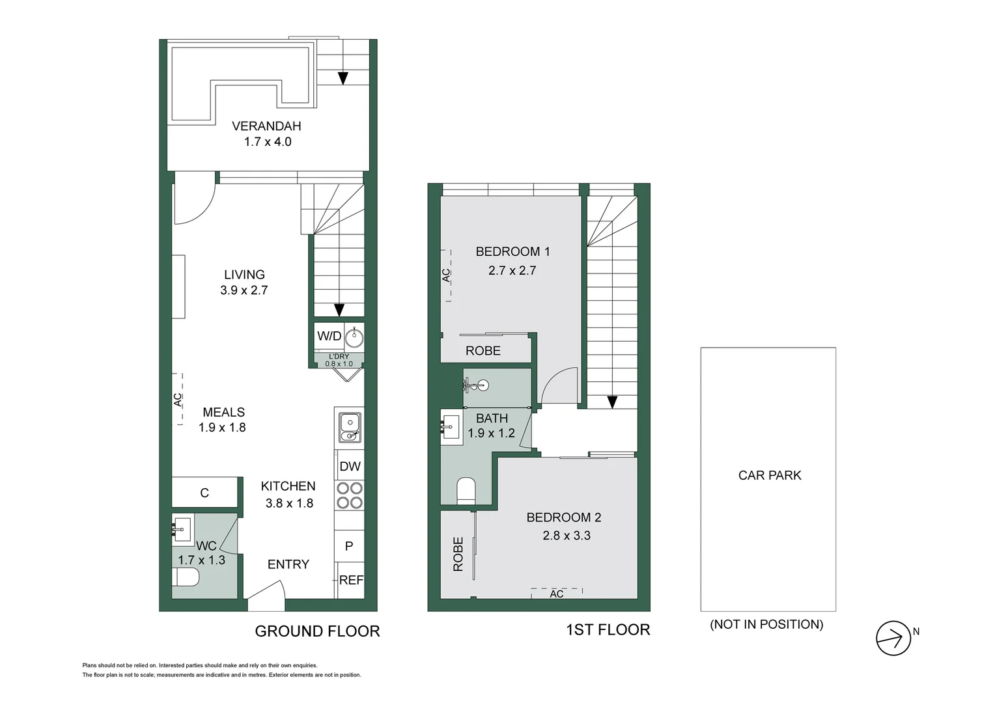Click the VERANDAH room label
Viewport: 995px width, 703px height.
(x=266, y=126)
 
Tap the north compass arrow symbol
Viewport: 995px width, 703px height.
(x=893, y=638)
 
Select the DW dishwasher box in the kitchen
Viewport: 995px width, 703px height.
(x=350, y=466)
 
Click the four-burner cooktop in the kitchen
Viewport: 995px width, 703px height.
(x=349, y=495)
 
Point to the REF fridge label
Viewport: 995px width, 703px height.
(x=351, y=580)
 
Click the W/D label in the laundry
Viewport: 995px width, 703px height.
(x=329, y=336)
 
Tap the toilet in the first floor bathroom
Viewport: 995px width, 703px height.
(x=466, y=490)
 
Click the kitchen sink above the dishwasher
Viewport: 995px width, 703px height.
(x=350, y=427)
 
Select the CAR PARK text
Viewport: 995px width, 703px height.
(x=769, y=475)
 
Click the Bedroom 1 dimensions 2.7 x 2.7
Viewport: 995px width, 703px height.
(x=512, y=270)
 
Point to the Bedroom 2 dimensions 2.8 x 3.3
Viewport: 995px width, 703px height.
(x=567, y=536)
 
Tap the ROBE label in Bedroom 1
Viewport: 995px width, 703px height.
(x=483, y=351)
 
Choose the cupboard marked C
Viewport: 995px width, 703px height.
(x=204, y=493)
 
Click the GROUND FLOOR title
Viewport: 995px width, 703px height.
(x=317, y=631)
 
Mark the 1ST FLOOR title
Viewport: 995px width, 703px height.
(x=608, y=629)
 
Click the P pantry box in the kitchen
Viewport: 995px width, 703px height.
(x=349, y=546)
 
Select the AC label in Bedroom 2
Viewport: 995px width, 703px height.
(x=557, y=594)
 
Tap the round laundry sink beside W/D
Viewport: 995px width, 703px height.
(x=354, y=337)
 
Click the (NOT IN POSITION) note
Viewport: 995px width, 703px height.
(x=766, y=624)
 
